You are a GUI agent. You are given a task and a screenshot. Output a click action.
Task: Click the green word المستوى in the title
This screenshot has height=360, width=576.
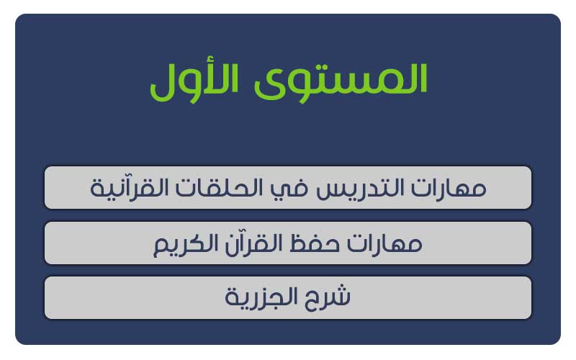coord(341,81)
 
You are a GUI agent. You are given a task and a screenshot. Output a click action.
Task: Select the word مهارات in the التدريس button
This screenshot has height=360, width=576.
coord(449,188)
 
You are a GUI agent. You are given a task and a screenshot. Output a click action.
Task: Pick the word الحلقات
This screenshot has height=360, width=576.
coord(219,188)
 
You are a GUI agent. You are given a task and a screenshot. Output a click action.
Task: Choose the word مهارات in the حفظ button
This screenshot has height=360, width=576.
coord(384,243)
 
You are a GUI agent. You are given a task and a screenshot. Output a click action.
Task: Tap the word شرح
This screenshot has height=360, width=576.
coord(328,297)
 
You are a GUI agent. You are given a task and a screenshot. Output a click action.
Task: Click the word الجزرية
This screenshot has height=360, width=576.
coord(261,297)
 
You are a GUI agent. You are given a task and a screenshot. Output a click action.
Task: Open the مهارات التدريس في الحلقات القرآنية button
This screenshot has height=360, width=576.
coord(288,188)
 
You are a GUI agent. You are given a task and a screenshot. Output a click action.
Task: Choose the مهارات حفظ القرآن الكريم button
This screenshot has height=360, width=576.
coord(288,243)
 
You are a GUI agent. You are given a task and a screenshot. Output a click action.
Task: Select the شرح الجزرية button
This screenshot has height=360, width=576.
coord(288,297)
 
